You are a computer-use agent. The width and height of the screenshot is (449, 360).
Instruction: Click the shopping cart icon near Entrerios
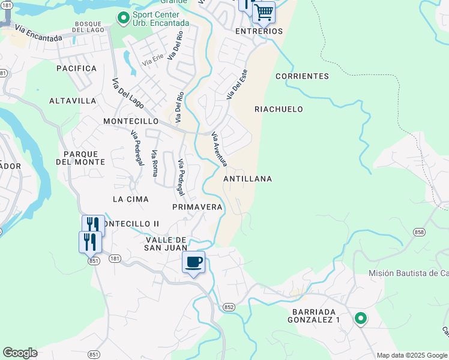click(264, 11)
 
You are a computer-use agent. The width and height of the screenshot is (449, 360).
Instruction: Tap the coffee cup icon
click(194, 262)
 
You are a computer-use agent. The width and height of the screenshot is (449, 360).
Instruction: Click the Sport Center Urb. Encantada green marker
click(124, 19)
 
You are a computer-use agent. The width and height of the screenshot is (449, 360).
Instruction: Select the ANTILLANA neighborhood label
click(247, 179)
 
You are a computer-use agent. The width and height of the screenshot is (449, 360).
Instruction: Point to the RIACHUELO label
click(279, 109)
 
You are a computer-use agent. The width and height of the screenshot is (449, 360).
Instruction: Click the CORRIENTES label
click(302, 76)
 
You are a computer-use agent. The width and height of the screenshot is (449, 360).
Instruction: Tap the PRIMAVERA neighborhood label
click(197, 207)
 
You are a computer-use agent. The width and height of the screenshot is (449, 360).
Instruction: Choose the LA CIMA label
click(130, 199)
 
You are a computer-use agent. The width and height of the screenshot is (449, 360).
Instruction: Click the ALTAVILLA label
click(73, 101)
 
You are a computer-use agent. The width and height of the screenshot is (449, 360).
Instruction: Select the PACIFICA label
click(76, 68)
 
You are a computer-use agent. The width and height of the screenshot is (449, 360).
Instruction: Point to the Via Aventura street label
click(220, 150)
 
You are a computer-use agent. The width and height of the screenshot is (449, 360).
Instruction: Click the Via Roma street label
click(155, 164)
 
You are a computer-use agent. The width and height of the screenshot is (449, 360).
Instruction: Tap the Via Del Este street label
click(237, 84)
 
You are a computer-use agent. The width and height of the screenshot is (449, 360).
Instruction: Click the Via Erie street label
click(152, 61)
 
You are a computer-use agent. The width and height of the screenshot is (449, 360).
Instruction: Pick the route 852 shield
click(229, 307)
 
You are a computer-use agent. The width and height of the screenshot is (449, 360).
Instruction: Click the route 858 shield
click(418, 232)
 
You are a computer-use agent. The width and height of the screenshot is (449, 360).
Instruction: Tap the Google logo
click(20, 353)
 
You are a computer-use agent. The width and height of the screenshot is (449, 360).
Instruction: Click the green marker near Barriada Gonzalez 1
click(361, 319)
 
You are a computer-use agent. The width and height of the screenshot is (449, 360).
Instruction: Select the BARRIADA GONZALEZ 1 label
click(316, 316)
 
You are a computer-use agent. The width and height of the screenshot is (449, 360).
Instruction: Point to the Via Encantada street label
click(38, 34)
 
